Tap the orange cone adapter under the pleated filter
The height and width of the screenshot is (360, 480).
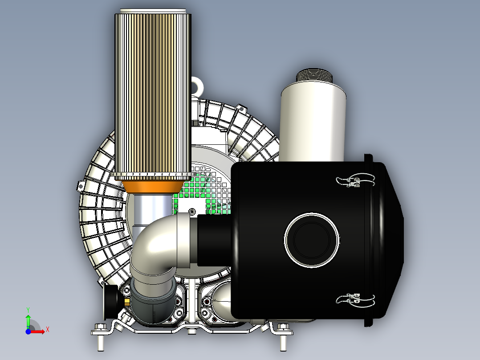(x=153, y=187)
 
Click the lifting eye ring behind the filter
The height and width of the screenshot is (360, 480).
(x=197, y=86)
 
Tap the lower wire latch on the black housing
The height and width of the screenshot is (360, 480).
(x=355, y=300)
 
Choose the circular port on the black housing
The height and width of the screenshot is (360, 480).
(x=312, y=240)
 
